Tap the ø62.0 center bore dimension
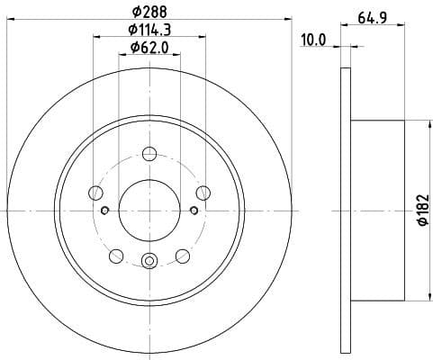pyautogui.click(x=150, y=47)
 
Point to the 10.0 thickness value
pyautogui.click(x=312, y=40)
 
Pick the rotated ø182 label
pyautogui.click(x=420, y=211)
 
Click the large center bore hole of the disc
pyautogui.click(x=150, y=208)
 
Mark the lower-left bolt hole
pyautogui.click(x=117, y=255)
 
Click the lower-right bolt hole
pyautogui.click(x=184, y=255)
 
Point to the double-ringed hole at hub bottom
pyautogui.click(x=150, y=262)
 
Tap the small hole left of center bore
pyautogui.click(x=105, y=211)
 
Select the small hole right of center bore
pyautogui.click(x=194, y=211)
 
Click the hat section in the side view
pyautogui.click(x=378, y=211)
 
